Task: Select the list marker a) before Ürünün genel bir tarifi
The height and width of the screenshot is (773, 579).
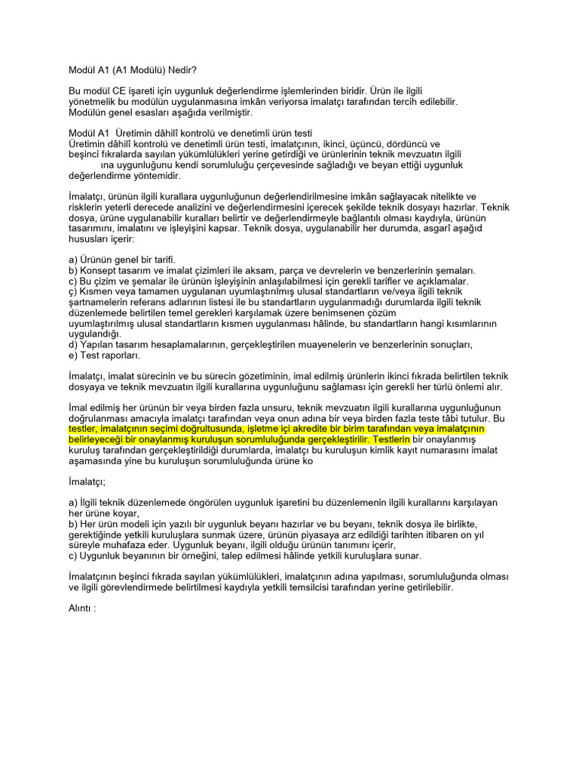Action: click(x=73, y=260)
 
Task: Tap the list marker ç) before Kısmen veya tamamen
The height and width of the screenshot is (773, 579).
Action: click(x=73, y=291)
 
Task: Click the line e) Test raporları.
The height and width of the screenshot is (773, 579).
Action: click(x=104, y=355)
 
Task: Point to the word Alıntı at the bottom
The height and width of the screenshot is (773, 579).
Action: click(x=81, y=607)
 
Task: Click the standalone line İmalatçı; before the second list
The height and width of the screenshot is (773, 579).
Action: click(x=87, y=481)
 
